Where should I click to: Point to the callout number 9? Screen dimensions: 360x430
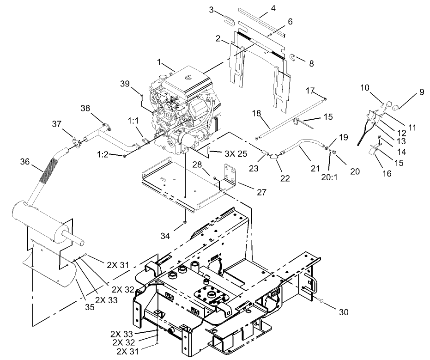(x=421, y=92)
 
